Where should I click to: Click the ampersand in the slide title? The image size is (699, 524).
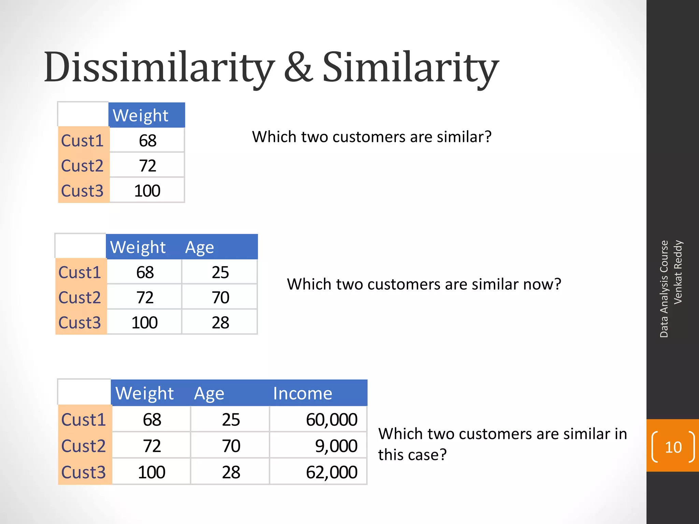[298, 67]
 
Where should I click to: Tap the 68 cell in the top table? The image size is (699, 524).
[147, 141]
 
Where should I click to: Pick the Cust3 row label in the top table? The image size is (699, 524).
[82, 191]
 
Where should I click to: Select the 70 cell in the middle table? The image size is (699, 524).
[220, 297]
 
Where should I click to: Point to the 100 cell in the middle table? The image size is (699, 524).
[144, 323]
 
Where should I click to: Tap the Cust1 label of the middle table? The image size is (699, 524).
[80, 272]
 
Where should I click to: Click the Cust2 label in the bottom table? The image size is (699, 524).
[84, 446]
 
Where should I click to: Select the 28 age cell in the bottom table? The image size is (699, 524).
[231, 472]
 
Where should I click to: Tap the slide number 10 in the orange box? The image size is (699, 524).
[673, 447]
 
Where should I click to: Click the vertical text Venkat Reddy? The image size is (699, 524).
[678, 272]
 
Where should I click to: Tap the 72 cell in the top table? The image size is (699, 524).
[147, 166]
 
